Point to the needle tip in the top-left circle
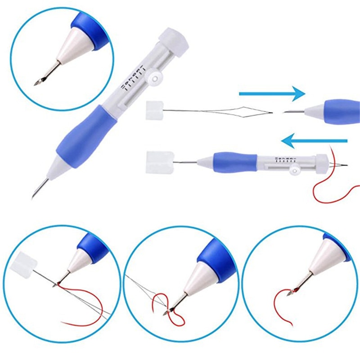coord(37,82)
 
